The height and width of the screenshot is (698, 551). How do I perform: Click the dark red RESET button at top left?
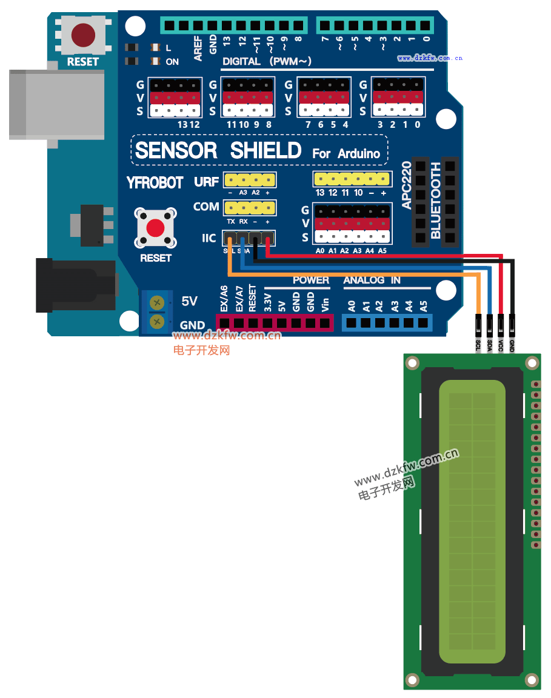click(83, 35)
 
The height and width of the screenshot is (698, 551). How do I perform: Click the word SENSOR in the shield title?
click(176, 150)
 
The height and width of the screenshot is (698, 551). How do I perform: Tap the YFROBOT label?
click(155, 182)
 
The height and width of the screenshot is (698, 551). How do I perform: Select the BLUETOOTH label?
click(435, 200)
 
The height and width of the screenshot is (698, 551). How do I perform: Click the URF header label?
click(207, 182)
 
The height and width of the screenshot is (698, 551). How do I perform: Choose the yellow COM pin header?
click(249, 208)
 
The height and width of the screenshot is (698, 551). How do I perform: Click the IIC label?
click(209, 238)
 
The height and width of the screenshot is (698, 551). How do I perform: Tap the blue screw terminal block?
click(157, 312)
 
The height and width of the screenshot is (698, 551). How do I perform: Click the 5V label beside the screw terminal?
click(189, 301)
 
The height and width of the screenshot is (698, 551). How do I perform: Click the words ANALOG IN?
click(372, 280)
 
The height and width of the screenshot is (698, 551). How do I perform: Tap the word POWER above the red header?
click(310, 280)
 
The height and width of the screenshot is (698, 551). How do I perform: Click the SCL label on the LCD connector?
click(478, 347)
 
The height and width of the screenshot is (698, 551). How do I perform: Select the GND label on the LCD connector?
click(512, 347)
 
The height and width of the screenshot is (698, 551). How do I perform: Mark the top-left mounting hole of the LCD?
click(413, 363)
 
